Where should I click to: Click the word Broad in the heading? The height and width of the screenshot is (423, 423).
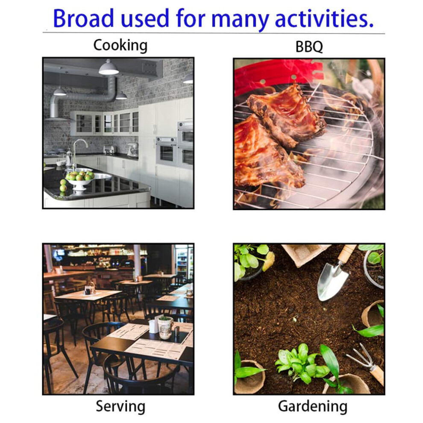(x=83, y=18)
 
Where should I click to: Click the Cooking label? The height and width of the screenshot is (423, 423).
(x=120, y=45)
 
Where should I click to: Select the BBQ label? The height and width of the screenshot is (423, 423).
(x=309, y=47)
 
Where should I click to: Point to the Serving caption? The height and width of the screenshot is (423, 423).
(x=120, y=406)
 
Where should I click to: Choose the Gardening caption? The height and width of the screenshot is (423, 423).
(x=313, y=406)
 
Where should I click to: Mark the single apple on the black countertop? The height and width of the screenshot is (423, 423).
(x=63, y=188)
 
